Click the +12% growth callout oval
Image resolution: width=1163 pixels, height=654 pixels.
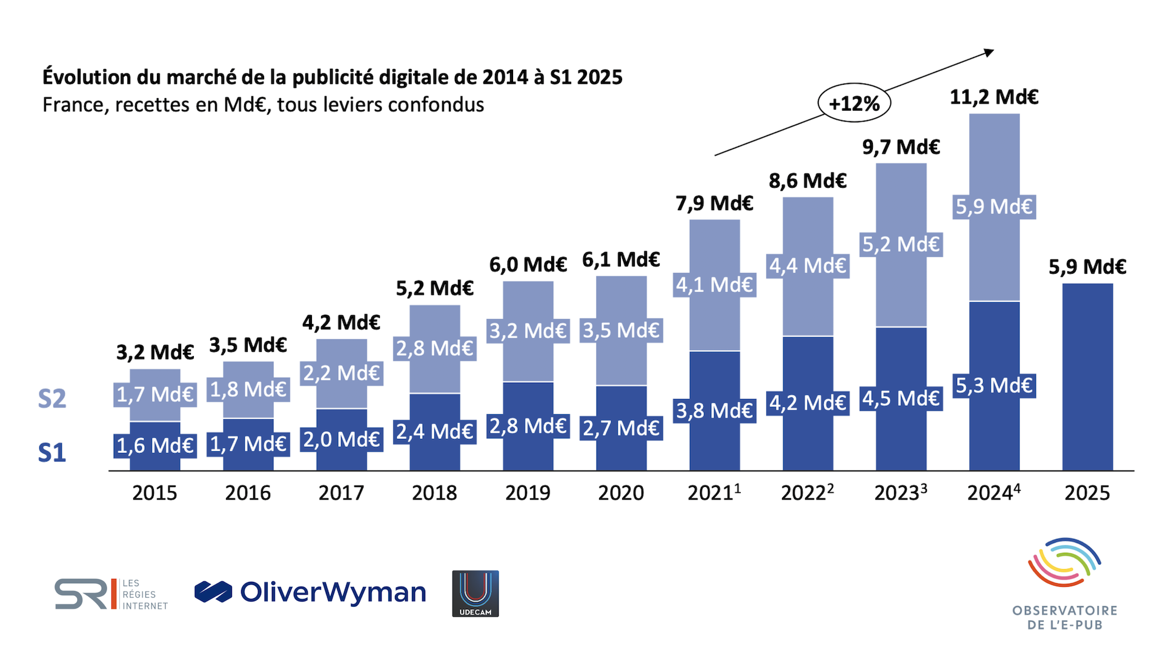tap(854, 103)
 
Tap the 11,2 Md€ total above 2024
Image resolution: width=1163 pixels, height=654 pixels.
tap(994, 97)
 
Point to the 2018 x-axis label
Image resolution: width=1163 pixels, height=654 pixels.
tap(434, 493)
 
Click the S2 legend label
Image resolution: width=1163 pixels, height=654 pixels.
tap(52, 398)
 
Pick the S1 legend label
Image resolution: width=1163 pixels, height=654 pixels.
tap(52, 453)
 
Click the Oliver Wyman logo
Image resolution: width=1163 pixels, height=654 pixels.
tap(310, 592)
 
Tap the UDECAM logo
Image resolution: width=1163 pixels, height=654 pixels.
tap(475, 593)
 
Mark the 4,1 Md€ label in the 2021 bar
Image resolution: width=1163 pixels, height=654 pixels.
tap(714, 285)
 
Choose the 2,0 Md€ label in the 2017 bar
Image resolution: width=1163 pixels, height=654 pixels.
tap(341, 439)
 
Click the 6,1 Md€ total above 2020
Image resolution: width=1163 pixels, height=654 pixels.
tap(621, 260)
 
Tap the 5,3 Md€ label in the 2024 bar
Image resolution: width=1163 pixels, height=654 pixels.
tap(994, 385)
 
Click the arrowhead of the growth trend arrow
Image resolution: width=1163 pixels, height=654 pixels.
tap(989, 53)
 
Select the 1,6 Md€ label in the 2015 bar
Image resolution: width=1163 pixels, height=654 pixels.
tap(154, 446)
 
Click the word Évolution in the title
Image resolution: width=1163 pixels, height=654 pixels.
tap(87, 77)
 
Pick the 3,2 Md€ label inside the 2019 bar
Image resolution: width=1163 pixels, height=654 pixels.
tap(528, 331)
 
